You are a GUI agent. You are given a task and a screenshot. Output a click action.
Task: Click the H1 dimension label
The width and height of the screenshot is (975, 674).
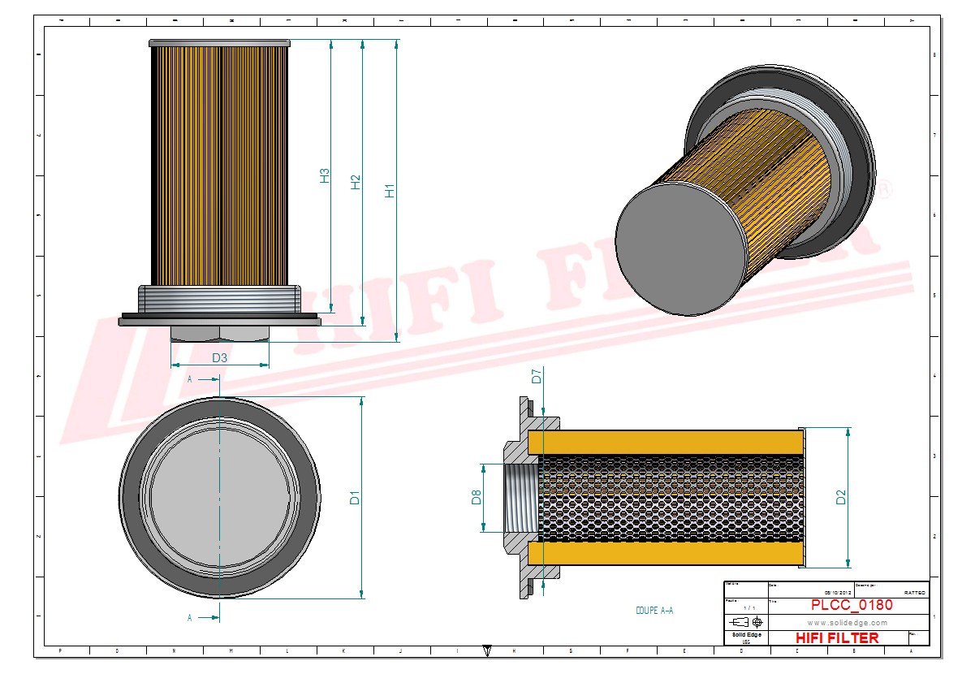pos(390,192)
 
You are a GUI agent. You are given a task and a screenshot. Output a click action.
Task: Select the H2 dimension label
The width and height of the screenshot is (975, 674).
pos(356,183)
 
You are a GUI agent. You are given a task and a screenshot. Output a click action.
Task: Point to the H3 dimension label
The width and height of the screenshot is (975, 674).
pos(324,175)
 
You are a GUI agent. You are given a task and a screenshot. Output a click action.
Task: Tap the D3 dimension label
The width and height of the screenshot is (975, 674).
pos(219,357)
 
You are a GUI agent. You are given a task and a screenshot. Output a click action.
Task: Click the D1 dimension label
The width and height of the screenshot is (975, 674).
pos(355,498)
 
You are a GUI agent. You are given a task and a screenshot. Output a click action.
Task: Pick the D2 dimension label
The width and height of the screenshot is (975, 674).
pos(841,497)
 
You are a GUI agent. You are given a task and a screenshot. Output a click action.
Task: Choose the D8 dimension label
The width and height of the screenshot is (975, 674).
pos(477,498)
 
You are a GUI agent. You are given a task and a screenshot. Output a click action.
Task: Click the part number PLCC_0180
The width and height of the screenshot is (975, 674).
pos(852,605)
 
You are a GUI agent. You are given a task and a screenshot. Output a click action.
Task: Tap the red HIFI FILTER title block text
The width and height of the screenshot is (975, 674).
pos(836,637)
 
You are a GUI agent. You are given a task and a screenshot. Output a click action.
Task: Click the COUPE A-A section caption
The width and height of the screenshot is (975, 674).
pos(654,611)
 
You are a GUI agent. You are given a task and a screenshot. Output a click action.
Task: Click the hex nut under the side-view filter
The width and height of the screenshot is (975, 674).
pos(219,333)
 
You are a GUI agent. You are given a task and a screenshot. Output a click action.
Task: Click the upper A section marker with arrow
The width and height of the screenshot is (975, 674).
pos(200,379)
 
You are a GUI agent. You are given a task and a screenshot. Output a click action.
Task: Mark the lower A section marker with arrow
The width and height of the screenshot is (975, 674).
pos(200,617)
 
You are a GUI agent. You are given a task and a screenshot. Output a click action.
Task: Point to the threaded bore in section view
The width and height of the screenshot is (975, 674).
pos(519,498)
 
